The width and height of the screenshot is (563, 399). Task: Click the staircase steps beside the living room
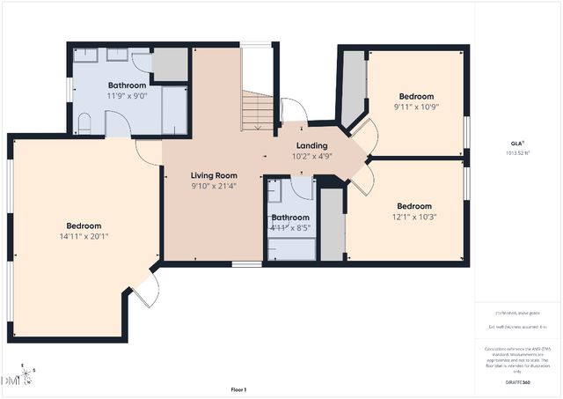coord(259,112)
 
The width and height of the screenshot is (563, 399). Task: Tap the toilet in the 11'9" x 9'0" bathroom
coord(84,122)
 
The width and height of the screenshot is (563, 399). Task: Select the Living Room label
coord(214,175)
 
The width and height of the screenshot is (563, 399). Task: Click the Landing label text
coord(311,145)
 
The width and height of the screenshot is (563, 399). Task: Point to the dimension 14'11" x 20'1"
coord(84,236)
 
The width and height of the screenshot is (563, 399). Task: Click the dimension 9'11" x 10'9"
coord(416,107)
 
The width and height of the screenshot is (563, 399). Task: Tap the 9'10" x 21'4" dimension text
coord(214,186)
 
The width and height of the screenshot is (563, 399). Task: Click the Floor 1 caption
coord(238,388)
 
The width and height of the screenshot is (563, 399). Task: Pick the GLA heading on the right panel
coord(516,143)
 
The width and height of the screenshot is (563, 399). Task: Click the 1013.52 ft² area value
coord(516,152)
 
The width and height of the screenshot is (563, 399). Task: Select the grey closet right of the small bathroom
coord(332,225)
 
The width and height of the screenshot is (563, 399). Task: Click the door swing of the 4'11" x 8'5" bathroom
coord(303,185)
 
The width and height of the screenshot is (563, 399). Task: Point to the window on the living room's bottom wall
coord(246,263)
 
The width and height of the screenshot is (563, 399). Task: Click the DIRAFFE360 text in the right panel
coord(516,382)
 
